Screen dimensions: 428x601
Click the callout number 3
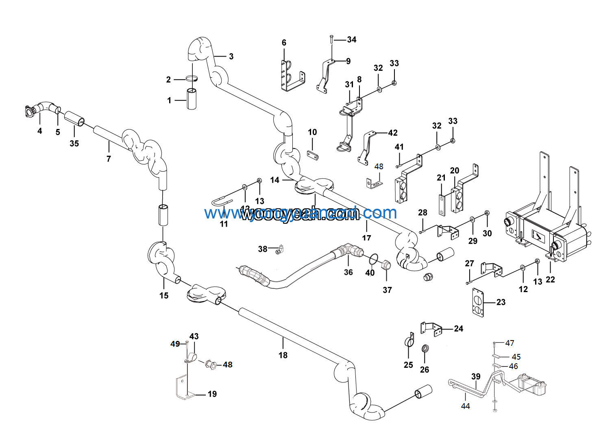231,57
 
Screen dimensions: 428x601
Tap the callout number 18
283,355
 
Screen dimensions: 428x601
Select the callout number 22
550,280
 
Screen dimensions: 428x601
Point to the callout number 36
348,272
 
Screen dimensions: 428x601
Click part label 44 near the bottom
466,406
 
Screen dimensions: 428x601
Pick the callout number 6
284,43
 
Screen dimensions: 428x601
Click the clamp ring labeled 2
192,79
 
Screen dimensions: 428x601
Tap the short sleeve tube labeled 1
192,99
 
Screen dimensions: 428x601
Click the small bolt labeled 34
332,39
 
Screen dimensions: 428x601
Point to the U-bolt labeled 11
222,202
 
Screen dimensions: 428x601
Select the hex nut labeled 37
386,266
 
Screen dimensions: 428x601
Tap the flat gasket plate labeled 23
478,303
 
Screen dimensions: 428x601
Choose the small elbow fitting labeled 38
279,249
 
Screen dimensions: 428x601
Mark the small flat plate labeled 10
312,155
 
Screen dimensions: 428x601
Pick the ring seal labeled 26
425,349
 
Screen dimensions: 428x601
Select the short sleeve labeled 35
74,118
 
